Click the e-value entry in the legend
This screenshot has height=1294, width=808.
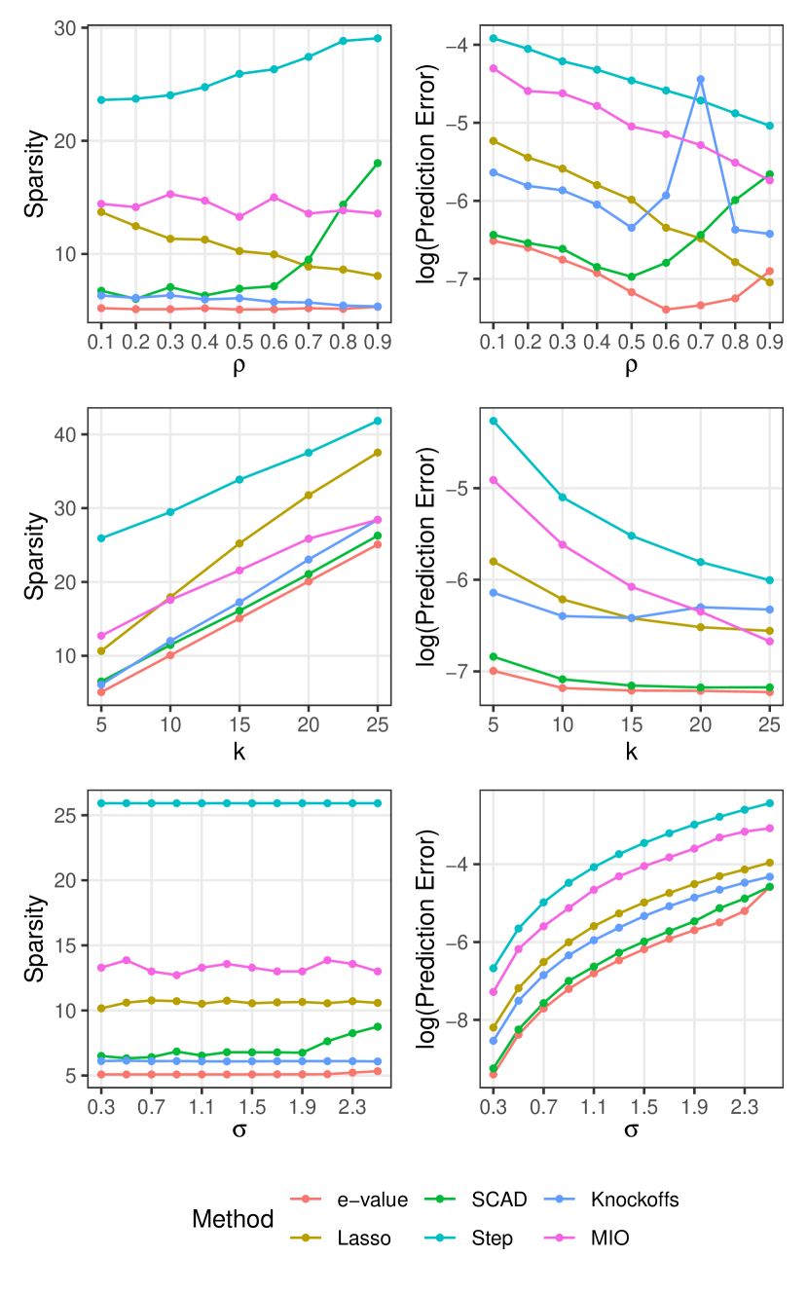point(371,1200)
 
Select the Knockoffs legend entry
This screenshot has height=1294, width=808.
point(634,1200)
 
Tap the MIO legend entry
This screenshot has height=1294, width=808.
point(608,1239)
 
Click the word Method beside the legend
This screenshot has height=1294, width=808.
point(233,1219)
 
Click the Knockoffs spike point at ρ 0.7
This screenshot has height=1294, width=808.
point(700,79)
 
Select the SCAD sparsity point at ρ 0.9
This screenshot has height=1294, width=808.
point(377,163)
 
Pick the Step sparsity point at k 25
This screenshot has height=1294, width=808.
point(377,421)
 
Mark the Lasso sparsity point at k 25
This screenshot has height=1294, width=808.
point(377,453)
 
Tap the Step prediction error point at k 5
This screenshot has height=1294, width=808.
point(493,421)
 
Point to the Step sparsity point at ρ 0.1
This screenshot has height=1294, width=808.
point(101,99)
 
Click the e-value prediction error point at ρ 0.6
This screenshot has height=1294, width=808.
point(666,310)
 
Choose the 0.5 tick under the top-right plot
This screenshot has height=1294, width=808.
point(631,344)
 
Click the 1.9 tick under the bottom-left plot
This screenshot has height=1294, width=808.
point(302,1108)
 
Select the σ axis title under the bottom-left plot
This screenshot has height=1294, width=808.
point(239,1131)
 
